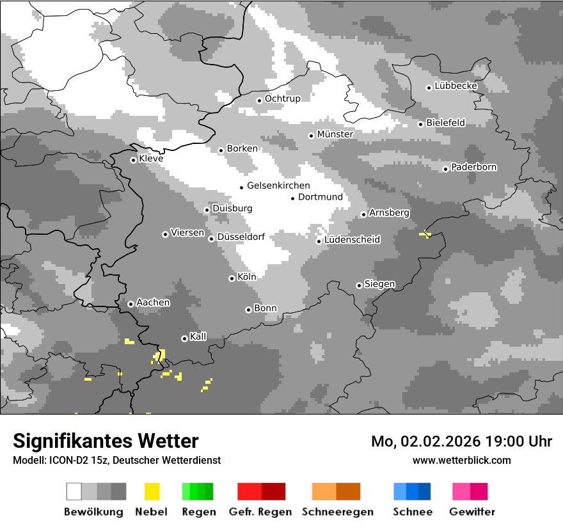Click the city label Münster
(335, 134)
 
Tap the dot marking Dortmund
(292, 198)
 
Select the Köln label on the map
(246, 277)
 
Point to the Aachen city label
(153, 303)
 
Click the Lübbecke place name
(456, 86)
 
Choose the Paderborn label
(473, 168)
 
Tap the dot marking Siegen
(359, 285)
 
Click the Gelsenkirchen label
(278, 186)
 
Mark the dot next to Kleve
(133, 160)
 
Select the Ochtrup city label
(282, 99)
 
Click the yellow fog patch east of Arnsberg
(425, 235)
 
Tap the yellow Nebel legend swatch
(152, 491)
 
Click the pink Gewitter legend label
(472, 512)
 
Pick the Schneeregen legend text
(337, 512)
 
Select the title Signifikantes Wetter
(106, 441)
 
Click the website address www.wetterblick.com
(461, 460)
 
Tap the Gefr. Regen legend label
(260, 512)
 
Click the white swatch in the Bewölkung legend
(74, 491)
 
